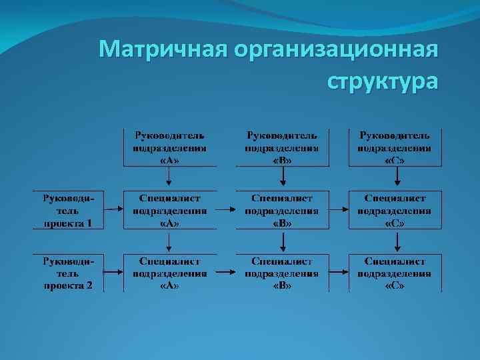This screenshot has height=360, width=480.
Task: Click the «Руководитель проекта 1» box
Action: (69, 210)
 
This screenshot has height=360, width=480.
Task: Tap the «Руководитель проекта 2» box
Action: (69, 272)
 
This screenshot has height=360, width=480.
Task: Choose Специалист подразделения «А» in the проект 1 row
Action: (169, 210)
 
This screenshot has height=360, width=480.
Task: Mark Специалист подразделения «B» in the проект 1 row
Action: (282, 210)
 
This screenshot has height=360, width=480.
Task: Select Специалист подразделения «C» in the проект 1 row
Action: (395, 210)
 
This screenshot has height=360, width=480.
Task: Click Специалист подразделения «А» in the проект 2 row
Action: (169, 272)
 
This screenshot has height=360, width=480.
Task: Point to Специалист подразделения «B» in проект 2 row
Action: (282, 272)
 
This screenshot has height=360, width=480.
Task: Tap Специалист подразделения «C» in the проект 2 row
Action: (395, 272)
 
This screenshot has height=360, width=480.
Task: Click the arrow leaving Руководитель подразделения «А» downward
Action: (169, 177)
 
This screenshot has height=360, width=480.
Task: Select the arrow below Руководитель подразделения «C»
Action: (397, 177)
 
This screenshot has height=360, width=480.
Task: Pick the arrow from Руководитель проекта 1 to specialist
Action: (113, 210)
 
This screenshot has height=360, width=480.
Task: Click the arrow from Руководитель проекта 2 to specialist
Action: (113, 272)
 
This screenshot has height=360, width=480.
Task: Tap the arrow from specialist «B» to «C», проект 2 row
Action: (338, 272)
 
